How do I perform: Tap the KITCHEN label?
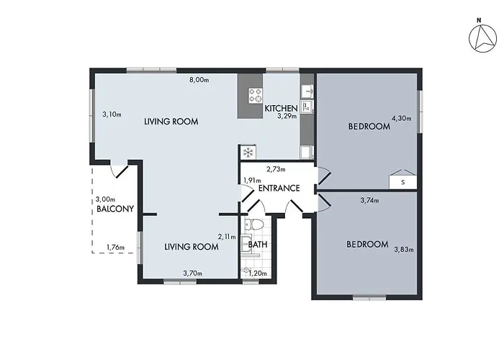click(x=281, y=108)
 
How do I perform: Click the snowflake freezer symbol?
click(x=248, y=152)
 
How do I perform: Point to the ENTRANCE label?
click(x=279, y=189)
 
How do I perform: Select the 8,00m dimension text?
click(x=199, y=80)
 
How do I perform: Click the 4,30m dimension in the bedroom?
click(x=400, y=117)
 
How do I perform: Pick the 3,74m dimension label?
click(x=369, y=201)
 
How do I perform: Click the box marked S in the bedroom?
click(x=402, y=182)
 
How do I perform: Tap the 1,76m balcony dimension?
click(x=115, y=248)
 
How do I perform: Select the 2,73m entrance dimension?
click(x=276, y=170)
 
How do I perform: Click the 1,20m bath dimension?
click(x=258, y=273)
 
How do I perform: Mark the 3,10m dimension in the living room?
click(x=112, y=114)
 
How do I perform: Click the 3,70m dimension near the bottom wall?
click(x=192, y=273)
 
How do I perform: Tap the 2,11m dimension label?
click(x=227, y=235)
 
